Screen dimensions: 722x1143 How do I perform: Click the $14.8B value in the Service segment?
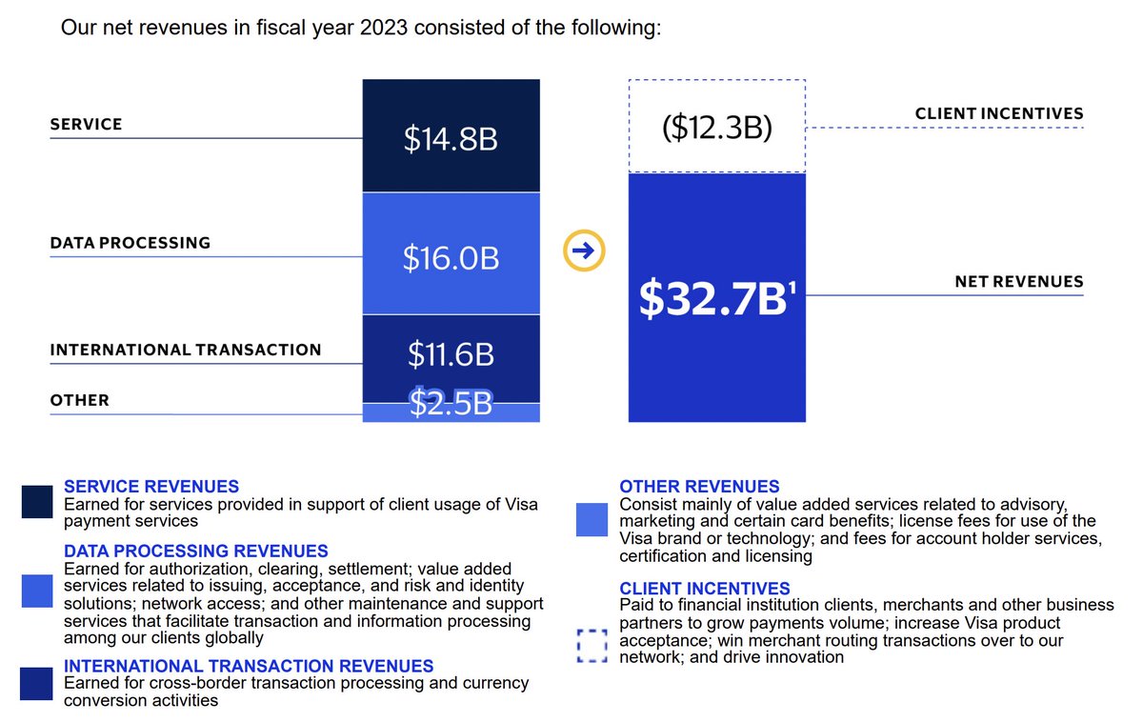click(x=451, y=139)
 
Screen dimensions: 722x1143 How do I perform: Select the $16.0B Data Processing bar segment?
click(x=451, y=257)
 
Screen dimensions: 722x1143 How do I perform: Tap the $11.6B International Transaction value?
click(x=451, y=355)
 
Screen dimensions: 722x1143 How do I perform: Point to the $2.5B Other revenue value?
click(x=451, y=404)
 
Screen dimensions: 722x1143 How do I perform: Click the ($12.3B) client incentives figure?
click(x=716, y=128)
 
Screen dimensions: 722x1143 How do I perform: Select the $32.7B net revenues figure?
click(x=713, y=299)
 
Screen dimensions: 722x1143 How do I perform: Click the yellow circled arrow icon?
click(x=584, y=251)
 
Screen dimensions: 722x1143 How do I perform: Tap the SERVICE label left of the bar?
click(x=86, y=125)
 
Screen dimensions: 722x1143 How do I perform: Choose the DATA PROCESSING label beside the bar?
click(x=130, y=243)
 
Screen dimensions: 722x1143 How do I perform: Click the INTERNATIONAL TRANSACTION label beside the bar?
click(x=186, y=350)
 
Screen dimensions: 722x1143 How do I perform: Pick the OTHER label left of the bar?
click(x=80, y=401)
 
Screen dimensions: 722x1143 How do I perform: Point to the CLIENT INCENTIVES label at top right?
click(x=999, y=113)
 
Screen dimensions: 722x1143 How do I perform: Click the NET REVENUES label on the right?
click(x=1019, y=282)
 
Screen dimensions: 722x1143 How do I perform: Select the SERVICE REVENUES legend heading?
click(x=151, y=487)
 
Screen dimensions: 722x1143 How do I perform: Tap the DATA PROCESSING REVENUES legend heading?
click(x=196, y=551)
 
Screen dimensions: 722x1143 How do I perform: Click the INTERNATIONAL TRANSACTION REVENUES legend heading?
click(x=249, y=666)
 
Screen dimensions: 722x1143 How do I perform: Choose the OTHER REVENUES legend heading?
click(x=699, y=487)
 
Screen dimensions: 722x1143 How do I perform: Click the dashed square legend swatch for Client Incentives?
click(x=592, y=646)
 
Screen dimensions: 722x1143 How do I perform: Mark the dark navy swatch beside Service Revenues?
click(x=37, y=502)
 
